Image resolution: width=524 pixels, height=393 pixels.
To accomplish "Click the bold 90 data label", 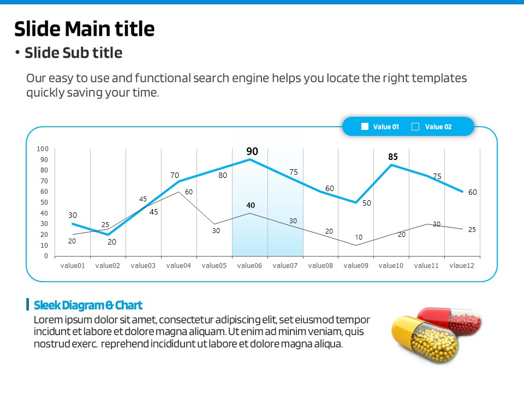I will click(x=252, y=152).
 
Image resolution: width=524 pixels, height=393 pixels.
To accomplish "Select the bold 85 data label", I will click(x=393, y=157).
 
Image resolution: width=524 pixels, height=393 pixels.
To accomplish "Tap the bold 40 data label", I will click(x=251, y=206).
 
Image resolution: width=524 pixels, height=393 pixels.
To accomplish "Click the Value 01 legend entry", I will click(x=380, y=127).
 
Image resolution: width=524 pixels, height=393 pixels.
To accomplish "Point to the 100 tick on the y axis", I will click(x=43, y=149).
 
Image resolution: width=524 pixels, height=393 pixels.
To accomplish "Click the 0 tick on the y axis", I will click(x=46, y=256).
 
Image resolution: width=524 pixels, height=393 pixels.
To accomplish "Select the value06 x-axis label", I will click(x=249, y=266).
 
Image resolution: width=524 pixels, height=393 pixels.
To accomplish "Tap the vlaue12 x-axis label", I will click(x=462, y=266).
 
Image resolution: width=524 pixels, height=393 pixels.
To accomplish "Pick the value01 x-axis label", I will click(x=72, y=266).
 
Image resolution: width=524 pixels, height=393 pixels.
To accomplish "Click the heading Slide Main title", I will click(x=84, y=28).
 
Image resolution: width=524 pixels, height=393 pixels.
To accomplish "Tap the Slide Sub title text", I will click(x=73, y=53).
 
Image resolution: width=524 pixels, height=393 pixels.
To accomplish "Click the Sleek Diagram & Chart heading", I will click(x=88, y=305).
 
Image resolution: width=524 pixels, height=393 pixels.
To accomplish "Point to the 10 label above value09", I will click(x=359, y=237).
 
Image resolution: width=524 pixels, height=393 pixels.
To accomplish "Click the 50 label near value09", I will click(x=367, y=203).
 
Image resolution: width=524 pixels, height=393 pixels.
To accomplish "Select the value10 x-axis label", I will click(x=391, y=266).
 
